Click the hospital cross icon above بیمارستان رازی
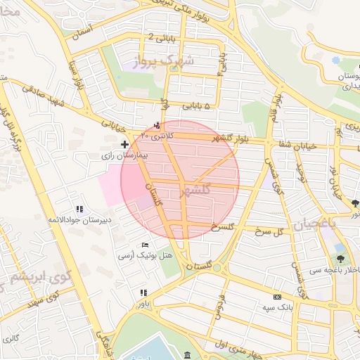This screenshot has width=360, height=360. click(x=124, y=144)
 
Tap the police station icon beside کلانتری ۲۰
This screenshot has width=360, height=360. click(x=157, y=126)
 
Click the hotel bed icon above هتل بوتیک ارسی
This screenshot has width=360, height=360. click(x=145, y=244)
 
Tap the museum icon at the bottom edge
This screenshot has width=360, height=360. click(x=187, y=355)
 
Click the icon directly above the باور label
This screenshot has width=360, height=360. click(x=143, y=292)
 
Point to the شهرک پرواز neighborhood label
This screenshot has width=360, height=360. click(x=167, y=61)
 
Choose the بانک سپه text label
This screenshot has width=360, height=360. click(x=277, y=307)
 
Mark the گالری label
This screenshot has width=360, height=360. click(x=10, y=339)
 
